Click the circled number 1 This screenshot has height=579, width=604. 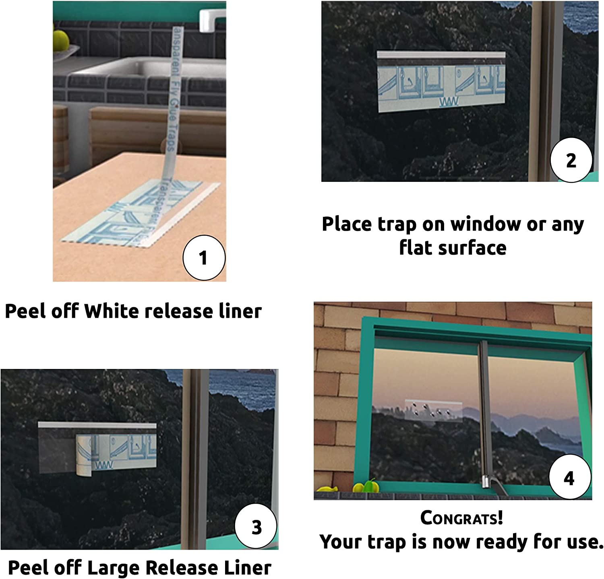[x=204, y=258]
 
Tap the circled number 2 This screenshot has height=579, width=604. [x=571, y=160]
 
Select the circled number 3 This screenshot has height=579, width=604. [x=256, y=527]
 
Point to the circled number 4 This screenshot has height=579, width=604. [x=569, y=478]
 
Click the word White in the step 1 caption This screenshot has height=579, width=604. [x=112, y=311]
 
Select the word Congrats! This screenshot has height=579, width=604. [x=461, y=518]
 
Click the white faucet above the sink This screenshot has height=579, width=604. [x=211, y=18]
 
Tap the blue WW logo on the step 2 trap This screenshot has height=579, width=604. [x=449, y=102]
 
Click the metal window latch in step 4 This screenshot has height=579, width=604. [x=486, y=481]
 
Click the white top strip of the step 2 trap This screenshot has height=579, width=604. [x=441, y=55]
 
